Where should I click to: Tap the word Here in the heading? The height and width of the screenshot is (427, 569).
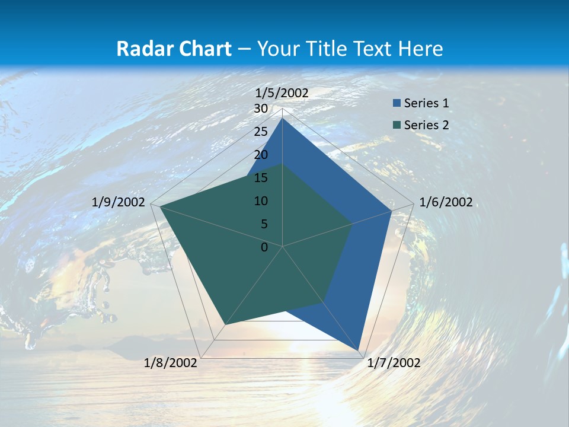[x=421, y=49]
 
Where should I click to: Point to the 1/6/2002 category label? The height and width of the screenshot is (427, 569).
[x=446, y=202]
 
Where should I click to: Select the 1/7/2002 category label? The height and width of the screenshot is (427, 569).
[x=394, y=363]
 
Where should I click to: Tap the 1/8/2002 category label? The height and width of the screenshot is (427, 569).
[x=171, y=363]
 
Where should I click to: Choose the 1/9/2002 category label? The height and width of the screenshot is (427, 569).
[x=119, y=202]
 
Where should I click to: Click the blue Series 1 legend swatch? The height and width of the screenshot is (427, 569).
[x=397, y=103]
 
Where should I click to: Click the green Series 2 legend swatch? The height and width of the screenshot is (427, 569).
[x=397, y=125]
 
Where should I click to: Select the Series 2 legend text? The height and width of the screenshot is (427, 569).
[x=426, y=125]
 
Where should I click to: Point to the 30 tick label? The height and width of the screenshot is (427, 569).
[x=261, y=109]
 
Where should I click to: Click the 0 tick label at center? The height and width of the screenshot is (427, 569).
[x=264, y=247]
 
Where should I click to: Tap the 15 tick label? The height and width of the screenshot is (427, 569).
[x=261, y=178]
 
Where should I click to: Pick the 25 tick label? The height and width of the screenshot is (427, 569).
[x=261, y=132]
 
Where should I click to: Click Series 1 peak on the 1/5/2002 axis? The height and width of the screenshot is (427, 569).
[x=283, y=118]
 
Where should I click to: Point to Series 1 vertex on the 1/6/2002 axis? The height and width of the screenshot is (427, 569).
[x=392, y=211]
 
